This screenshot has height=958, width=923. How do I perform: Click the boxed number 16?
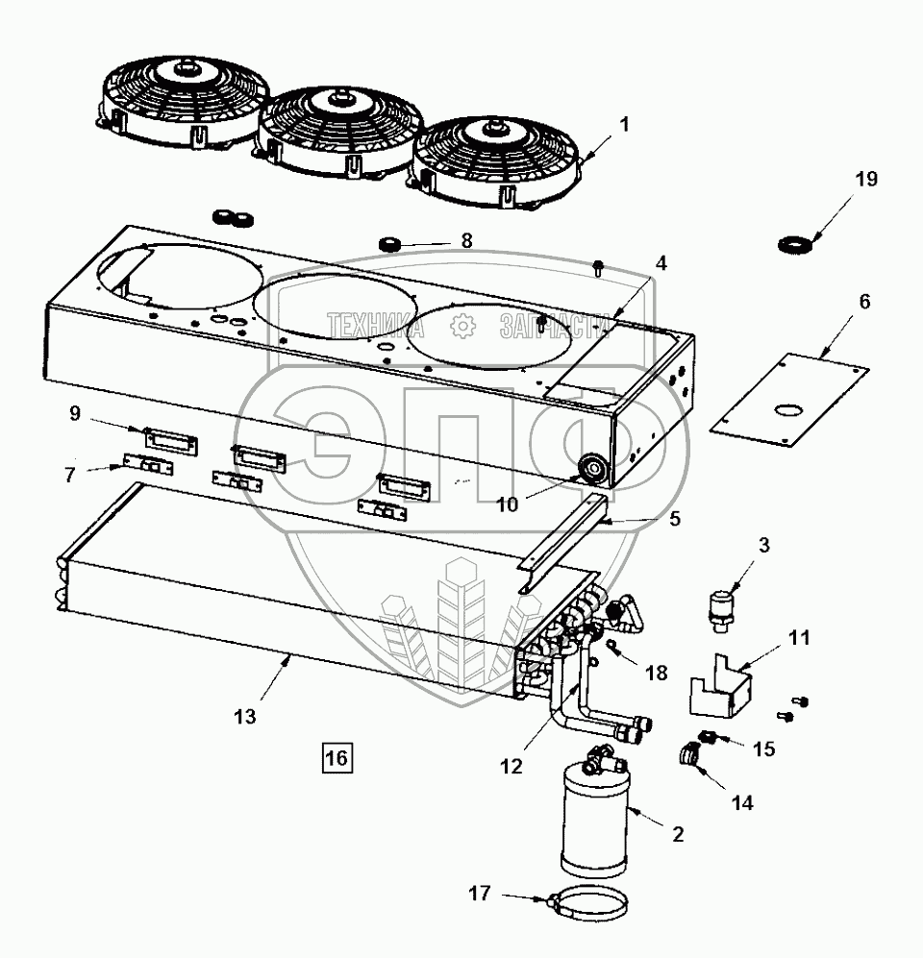pyautogui.click(x=337, y=758)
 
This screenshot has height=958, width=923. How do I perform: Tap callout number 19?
pyautogui.click(x=865, y=180)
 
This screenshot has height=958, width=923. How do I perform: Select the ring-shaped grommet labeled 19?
pyautogui.click(x=796, y=244)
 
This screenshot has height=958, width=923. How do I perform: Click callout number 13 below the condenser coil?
pyautogui.click(x=246, y=717)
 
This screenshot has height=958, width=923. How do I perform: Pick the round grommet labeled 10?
pyautogui.click(x=589, y=470)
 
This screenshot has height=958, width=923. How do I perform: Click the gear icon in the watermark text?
pyautogui.click(x=464, y=327)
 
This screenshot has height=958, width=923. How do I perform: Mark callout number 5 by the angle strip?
pyautogui.click(x=674, y=519)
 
